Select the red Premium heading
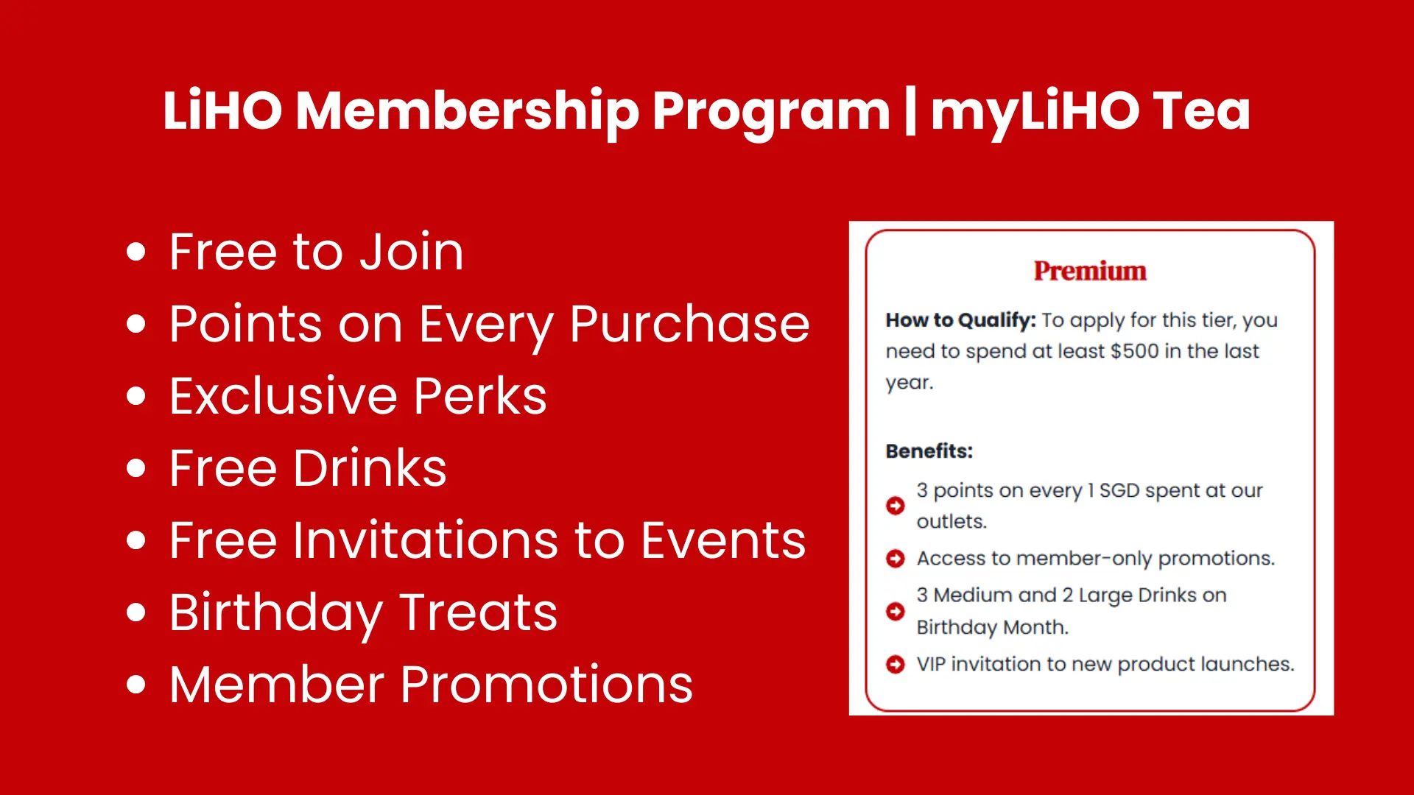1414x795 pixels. [x=1090, y=271]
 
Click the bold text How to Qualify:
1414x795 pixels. [x=960, y=320]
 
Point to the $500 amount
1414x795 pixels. [x=1135, y=351]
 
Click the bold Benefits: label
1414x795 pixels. [x=929, y=451]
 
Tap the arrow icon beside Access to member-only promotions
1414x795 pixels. [x=896, y=559]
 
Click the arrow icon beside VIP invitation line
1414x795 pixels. [x=896, y=665]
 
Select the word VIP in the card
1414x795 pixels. [x=931, y=664]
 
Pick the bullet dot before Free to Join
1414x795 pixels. [x=136, y=252]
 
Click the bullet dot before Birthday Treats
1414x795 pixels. [x=136, y=612]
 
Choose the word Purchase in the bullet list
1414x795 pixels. [x=689, y=324]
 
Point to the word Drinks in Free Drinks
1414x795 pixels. [x=370, y=468]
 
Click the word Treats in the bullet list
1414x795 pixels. [x=478, y=612]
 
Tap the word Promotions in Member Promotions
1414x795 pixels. [x=546, y=685]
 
